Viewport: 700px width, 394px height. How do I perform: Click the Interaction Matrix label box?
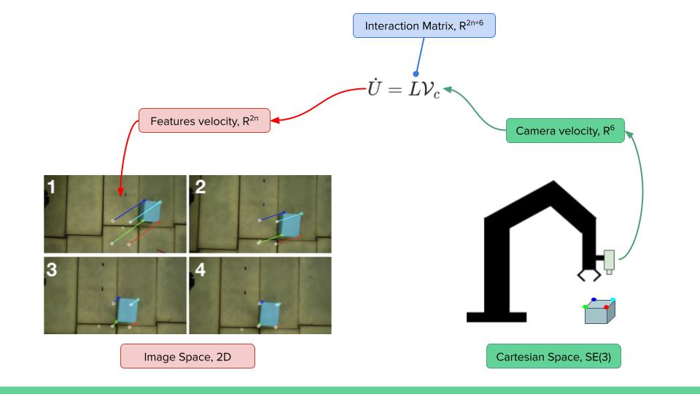pyautogui.click(x=424, y=26)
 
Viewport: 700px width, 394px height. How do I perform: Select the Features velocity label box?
pyautogui.click(x=204, y=121)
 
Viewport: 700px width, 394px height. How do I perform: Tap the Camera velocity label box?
pyautogui.click(x=565, y=131)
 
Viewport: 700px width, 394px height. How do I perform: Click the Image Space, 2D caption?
pyautogui.click(x=187, y=356)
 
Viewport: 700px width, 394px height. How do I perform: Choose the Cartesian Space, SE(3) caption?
pyautogui.click(x=553, y=356)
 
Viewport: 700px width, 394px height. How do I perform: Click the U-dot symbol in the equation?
pyautogui.click(x=378, y=92)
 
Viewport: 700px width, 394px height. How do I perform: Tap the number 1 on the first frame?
pyautogui.click(x=52, y=186)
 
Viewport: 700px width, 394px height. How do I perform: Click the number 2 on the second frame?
pyautogui.click(x=199, y=186)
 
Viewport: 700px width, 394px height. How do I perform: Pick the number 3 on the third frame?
pyautogui.click(x=52, y=268)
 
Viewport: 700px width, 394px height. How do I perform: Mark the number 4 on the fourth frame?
pyautogui.click(x=199, y=268)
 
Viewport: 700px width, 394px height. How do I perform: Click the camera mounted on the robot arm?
pyautogui.click(x=610, y=261)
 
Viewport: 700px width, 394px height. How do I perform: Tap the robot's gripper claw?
pyautogui.click(x=589, y=275)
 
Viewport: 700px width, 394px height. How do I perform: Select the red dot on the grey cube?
pyautogui.click(x=607, y=307)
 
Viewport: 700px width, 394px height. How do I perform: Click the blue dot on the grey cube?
pyautogui.click(x=594, y=299)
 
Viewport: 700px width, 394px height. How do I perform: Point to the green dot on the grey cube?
pyautogui.click(x=586, y=307)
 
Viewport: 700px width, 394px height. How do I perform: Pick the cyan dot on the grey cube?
pyautogui.click(x=613, y=299)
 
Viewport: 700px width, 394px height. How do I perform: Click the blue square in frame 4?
pyautogui.click(x=270, y=314)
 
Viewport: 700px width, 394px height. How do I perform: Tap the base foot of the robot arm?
pyautogui.click(x=496, y=317)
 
